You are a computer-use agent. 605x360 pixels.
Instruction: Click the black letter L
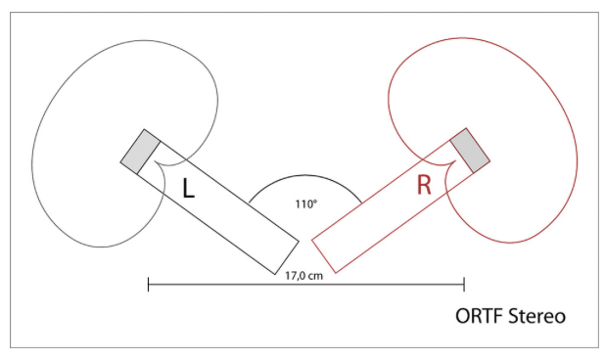point(188,188)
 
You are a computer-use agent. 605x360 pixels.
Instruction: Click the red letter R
point(424,185)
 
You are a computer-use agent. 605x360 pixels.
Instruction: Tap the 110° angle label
point(306,203)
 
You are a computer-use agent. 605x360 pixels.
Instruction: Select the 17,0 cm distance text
point(304,276)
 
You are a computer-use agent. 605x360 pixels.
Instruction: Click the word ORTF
point(479,316)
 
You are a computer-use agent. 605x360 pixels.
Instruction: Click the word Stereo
point(537,316)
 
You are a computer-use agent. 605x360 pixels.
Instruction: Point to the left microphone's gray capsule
point(140,152)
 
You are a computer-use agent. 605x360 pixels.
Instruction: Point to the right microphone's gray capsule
point(470,151)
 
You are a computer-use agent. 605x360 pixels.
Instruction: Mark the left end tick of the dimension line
point(149,285)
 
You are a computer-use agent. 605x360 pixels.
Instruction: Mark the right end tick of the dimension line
point(464,285)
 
